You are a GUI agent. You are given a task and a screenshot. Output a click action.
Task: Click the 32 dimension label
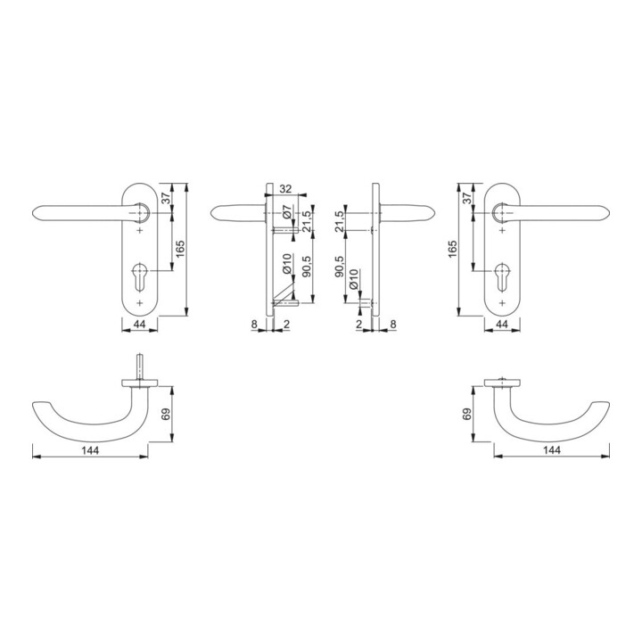pyautogui.click(x=285, y=189)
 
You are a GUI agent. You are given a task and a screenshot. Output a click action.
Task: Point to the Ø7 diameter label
pyautogui.click(x=286, y=211)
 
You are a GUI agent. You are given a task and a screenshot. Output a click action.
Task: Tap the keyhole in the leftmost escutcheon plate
pyautogui.click(x=140, y=277)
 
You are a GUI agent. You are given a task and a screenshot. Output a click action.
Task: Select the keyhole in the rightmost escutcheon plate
pyautogui.click(x=502, y=277)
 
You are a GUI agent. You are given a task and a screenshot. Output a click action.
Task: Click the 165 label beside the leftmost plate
pyautogui.click(x=180, y=250)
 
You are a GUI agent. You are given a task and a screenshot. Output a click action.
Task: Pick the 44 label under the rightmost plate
pyautogui.click(x=502, y=325)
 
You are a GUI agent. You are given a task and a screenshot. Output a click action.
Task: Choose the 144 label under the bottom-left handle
pyautogui.click(x=90, y=450)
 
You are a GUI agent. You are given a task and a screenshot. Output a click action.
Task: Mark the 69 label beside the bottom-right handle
pyautogui.click(x=466, y=414)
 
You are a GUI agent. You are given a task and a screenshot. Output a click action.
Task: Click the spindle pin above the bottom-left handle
pyautogui.click(x=140, y=366)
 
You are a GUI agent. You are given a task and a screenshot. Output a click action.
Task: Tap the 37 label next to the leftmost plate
pyautogui.click(x=166, y=198)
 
